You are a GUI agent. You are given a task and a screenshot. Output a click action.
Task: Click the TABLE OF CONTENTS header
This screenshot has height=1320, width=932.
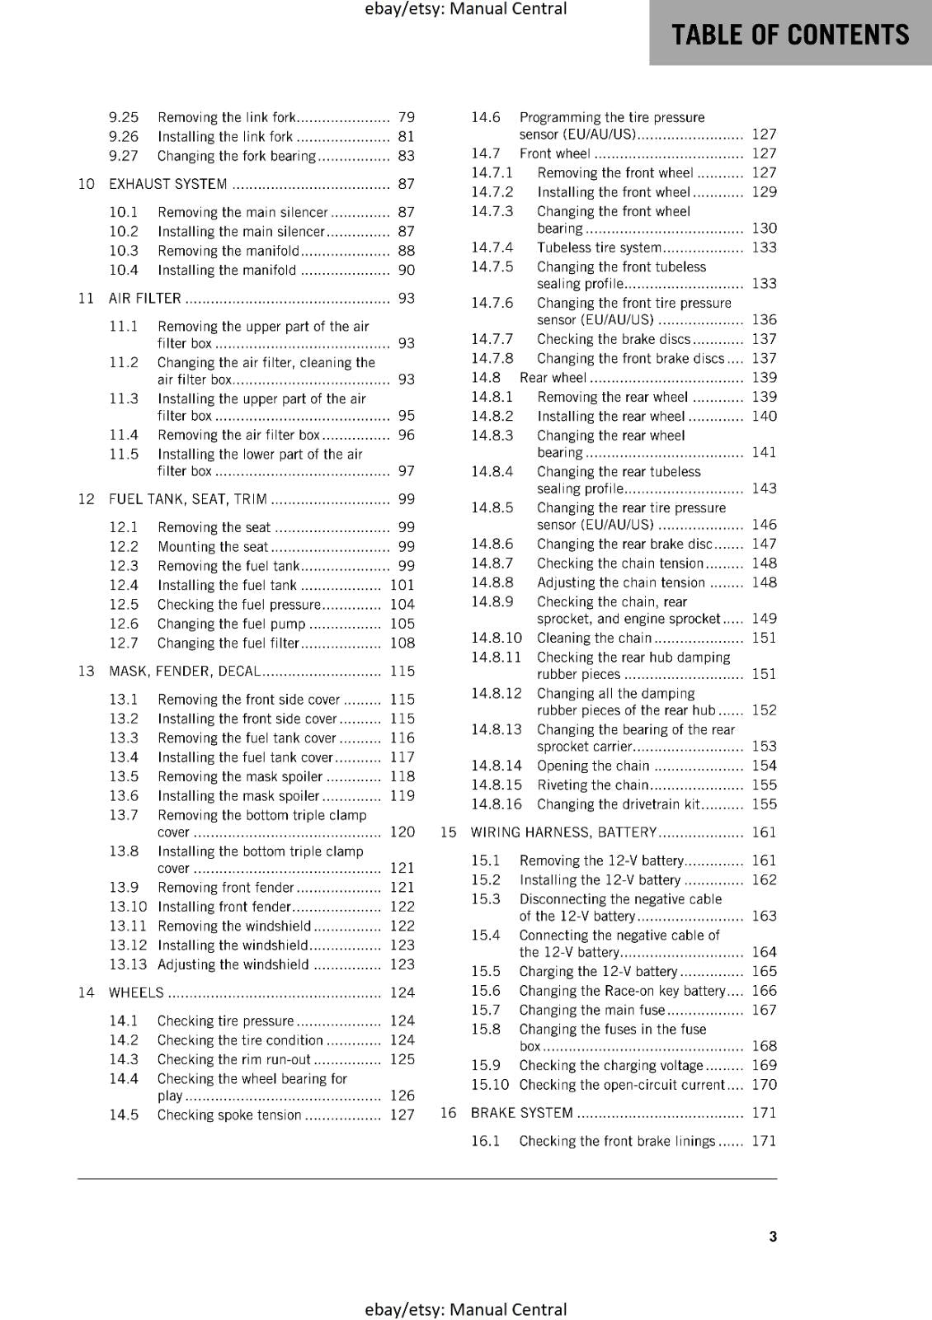click(790, 35)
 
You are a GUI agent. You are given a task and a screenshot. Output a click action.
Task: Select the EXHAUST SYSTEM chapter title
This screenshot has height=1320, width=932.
click(167, 184)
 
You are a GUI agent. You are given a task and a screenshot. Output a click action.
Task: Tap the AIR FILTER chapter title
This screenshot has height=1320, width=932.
click(144, 298)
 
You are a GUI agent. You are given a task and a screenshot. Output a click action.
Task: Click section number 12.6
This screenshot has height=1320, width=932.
click(124, 624)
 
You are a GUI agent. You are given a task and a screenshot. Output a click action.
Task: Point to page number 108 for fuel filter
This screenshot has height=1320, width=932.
click(402, 643)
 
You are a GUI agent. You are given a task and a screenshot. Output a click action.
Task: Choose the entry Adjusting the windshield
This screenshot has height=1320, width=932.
click(233, 964)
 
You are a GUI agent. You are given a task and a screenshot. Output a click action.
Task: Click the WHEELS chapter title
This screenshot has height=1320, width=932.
click(136, 992)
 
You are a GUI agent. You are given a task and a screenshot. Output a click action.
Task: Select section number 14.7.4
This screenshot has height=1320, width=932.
click(492, 247)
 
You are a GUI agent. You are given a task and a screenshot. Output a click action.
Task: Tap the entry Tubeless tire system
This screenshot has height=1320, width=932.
click(599, 247)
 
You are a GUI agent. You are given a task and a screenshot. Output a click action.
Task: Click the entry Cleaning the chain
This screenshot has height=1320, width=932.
click(594, 638)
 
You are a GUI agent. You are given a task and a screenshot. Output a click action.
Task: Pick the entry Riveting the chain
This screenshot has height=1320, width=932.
click(592, 785)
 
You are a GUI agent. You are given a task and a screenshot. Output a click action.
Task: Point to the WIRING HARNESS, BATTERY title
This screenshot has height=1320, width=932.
click(563, 832)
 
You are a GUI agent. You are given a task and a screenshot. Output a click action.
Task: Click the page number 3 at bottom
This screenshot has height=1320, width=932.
click(773, 1236)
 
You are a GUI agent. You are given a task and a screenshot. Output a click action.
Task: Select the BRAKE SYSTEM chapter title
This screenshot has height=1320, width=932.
click(521, 1113)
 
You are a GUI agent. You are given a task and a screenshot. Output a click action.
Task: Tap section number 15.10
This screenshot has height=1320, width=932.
click(490, 1085)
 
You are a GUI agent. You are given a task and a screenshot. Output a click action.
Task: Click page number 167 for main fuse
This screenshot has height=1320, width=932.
click(764, 1010)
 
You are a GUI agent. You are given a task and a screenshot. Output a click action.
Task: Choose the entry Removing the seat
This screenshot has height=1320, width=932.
click(214, 527)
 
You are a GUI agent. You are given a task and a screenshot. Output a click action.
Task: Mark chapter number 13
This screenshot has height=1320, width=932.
click(87, 671)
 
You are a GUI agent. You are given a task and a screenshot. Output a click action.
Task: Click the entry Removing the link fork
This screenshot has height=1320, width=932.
click(226, 117)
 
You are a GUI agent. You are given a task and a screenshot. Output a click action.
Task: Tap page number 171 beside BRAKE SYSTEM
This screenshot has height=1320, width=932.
click(764, 1113)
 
